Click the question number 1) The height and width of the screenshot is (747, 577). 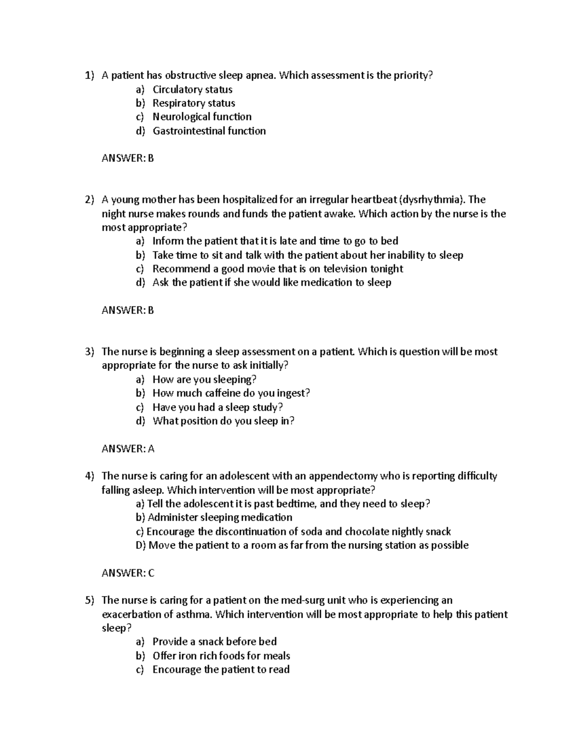click(89, 76)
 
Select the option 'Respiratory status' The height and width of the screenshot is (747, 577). click(193, 103)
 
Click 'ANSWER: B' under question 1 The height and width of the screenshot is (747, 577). click(127, 158)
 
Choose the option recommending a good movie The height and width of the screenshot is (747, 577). click(277, 269)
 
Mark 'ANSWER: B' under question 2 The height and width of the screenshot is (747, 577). click(127, 310)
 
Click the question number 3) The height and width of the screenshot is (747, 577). click(89, 352)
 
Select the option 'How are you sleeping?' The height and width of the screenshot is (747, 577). click(204, 380)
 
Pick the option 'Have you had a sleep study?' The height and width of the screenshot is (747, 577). click(217, 407)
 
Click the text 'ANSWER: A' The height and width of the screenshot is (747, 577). click(128, 449)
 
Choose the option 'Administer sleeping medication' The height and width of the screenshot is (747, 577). click(220, 518)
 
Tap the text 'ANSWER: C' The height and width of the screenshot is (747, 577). click(128, 573)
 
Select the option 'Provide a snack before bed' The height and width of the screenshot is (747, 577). click(214, 642)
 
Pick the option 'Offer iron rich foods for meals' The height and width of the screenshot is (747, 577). click(221, 656)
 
